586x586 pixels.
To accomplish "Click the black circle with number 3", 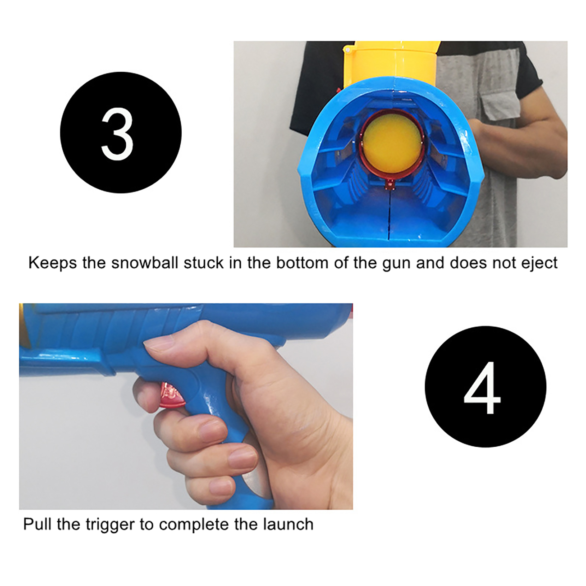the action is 121,133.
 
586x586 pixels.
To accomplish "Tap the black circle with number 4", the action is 485,386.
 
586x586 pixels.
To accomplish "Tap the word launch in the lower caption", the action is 288,524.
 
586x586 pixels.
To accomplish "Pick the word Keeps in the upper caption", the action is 52,263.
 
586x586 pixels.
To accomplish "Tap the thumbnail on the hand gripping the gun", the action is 159,346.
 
